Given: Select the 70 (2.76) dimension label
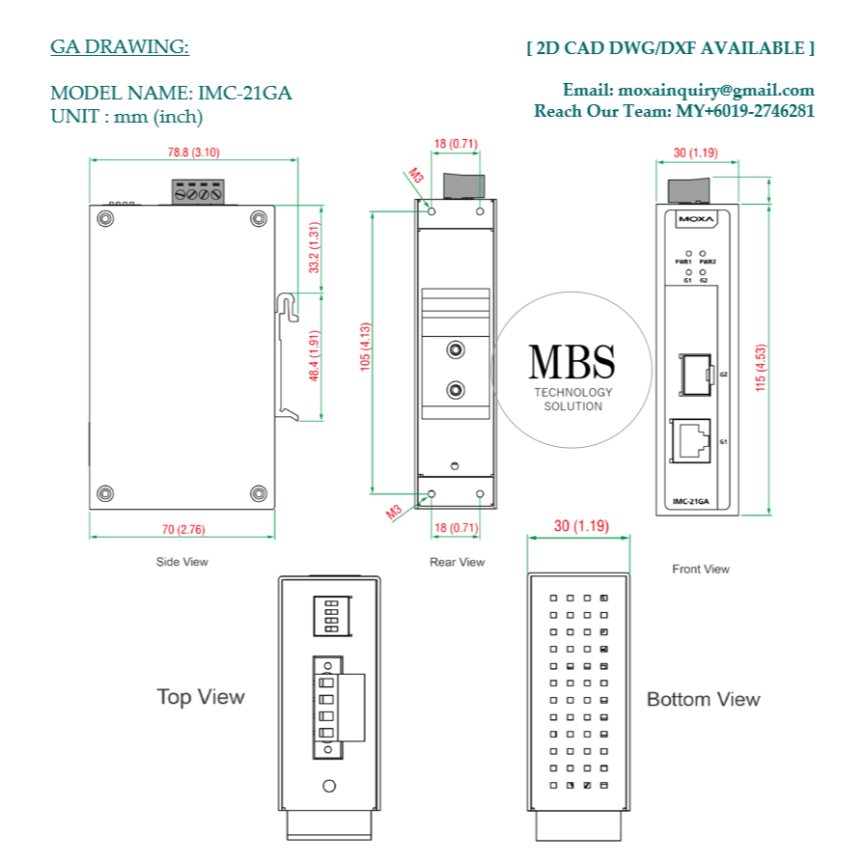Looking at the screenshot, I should click(183, 529).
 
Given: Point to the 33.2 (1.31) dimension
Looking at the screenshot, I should click(313, 248).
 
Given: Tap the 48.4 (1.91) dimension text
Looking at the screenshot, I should click(313, 356).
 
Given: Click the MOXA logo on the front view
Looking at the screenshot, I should click(695, 220).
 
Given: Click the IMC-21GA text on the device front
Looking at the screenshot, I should click(691, 501).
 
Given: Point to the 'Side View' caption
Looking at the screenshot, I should click(181, 561).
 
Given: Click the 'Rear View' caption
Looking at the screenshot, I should click(457, 562).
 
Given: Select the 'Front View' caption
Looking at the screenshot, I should click(701, 569).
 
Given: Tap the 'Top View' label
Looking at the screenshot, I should click(201, 696).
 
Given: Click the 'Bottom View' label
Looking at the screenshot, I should click(703, 699).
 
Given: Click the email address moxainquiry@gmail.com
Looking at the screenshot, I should click(715, 91).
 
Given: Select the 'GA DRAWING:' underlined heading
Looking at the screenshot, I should click(120, 47).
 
